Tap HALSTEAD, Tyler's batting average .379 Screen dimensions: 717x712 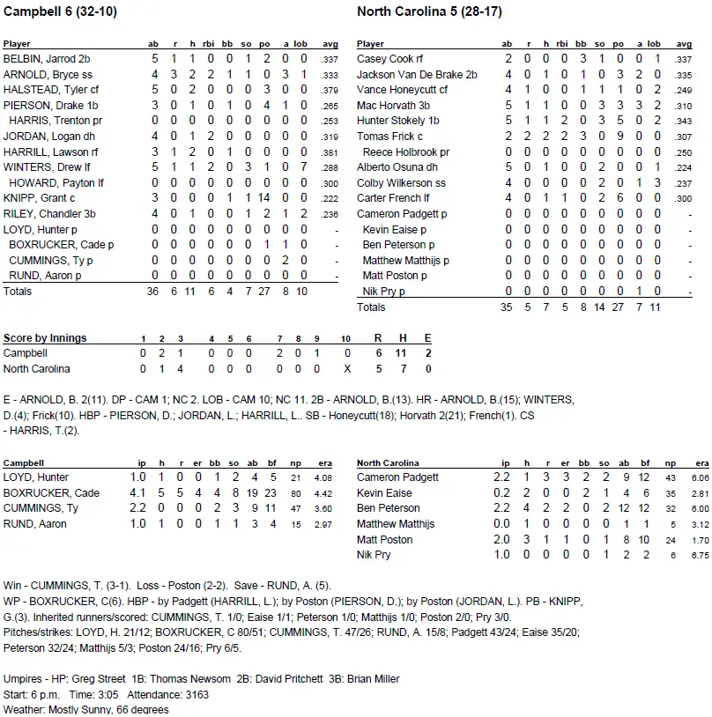coord(330,90)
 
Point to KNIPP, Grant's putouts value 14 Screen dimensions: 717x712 coord(263,198)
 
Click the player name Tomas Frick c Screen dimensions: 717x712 coord(390,137)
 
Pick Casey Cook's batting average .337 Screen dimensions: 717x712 coord(682,59)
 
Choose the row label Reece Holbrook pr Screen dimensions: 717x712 coord(405,152)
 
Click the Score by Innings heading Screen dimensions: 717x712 coord(45,338)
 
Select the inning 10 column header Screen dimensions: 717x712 coord(346,338)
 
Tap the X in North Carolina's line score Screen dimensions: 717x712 coord(346,369)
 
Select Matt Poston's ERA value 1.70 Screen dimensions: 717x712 coord(699,540)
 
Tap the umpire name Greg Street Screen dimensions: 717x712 coord(100,679)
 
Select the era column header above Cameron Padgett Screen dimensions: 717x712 coord(701,462)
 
